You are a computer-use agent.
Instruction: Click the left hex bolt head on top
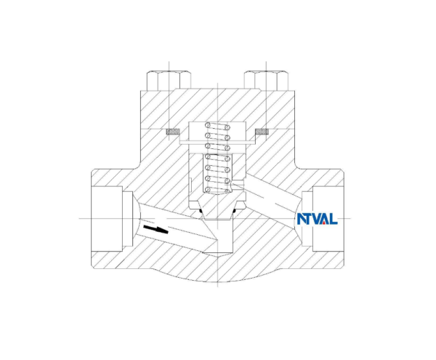(169, 79)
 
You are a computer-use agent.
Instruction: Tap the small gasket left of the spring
(173, 132)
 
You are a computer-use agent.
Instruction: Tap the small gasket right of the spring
(261, 132)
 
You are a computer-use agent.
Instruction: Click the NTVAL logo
(317, 219)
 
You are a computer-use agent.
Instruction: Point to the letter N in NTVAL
(301, 219)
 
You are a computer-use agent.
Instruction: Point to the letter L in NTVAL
(334, 219)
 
